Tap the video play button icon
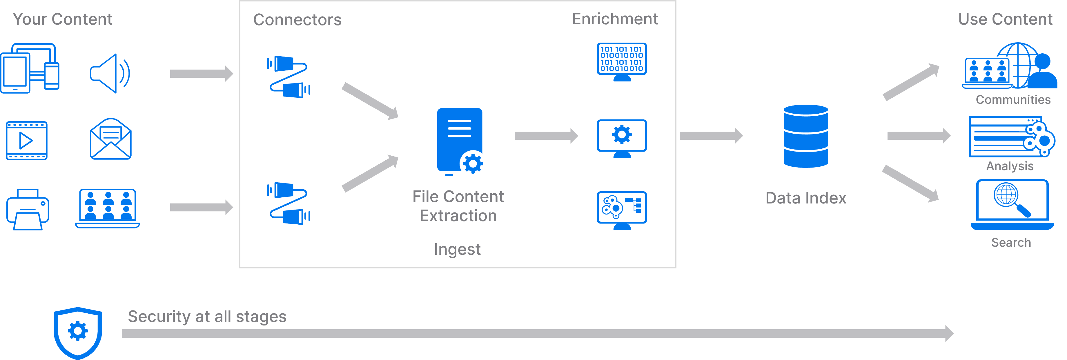click(x=26, y=141)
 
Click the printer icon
click(x=28, y=209)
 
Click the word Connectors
click(x=297, y=20)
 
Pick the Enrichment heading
click(x=615, y=19)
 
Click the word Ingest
click(x=457, y=249)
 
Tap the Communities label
click(x=1013, y=100)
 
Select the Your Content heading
click(x=63, y=19)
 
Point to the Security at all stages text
click(x=207, y=317)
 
